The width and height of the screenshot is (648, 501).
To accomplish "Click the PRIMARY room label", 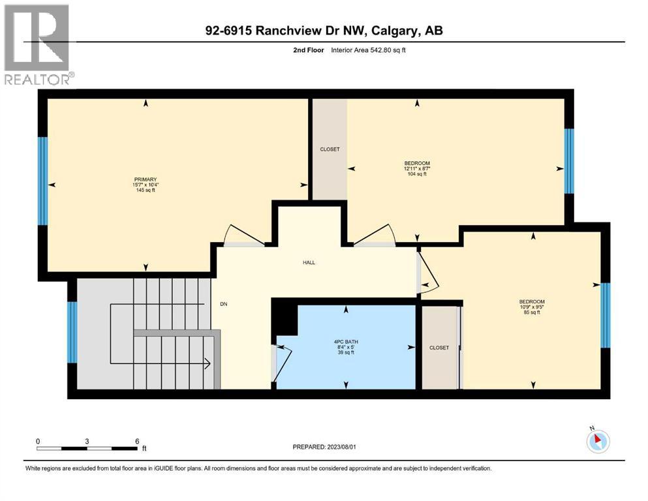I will click(146, 179).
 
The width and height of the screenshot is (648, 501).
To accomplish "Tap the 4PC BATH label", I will click(345, 341).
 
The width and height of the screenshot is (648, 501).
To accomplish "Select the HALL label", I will click(309, 262).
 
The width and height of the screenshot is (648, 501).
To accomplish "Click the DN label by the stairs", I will click(223, 304).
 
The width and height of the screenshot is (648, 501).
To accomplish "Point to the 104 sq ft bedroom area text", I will click(417, 174).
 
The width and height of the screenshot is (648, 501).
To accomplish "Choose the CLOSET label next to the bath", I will click(439, 348).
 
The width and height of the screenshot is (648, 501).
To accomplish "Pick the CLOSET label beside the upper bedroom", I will click(330, 149).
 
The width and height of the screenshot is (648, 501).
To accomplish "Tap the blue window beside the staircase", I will click(72, 332).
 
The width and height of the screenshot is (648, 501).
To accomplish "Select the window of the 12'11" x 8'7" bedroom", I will click(569, 161).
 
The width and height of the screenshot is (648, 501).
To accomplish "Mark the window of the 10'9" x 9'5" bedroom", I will click(605, 316).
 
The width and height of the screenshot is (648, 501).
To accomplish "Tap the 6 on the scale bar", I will click(137, 441).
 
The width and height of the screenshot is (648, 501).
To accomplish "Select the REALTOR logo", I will click(37, 44).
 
